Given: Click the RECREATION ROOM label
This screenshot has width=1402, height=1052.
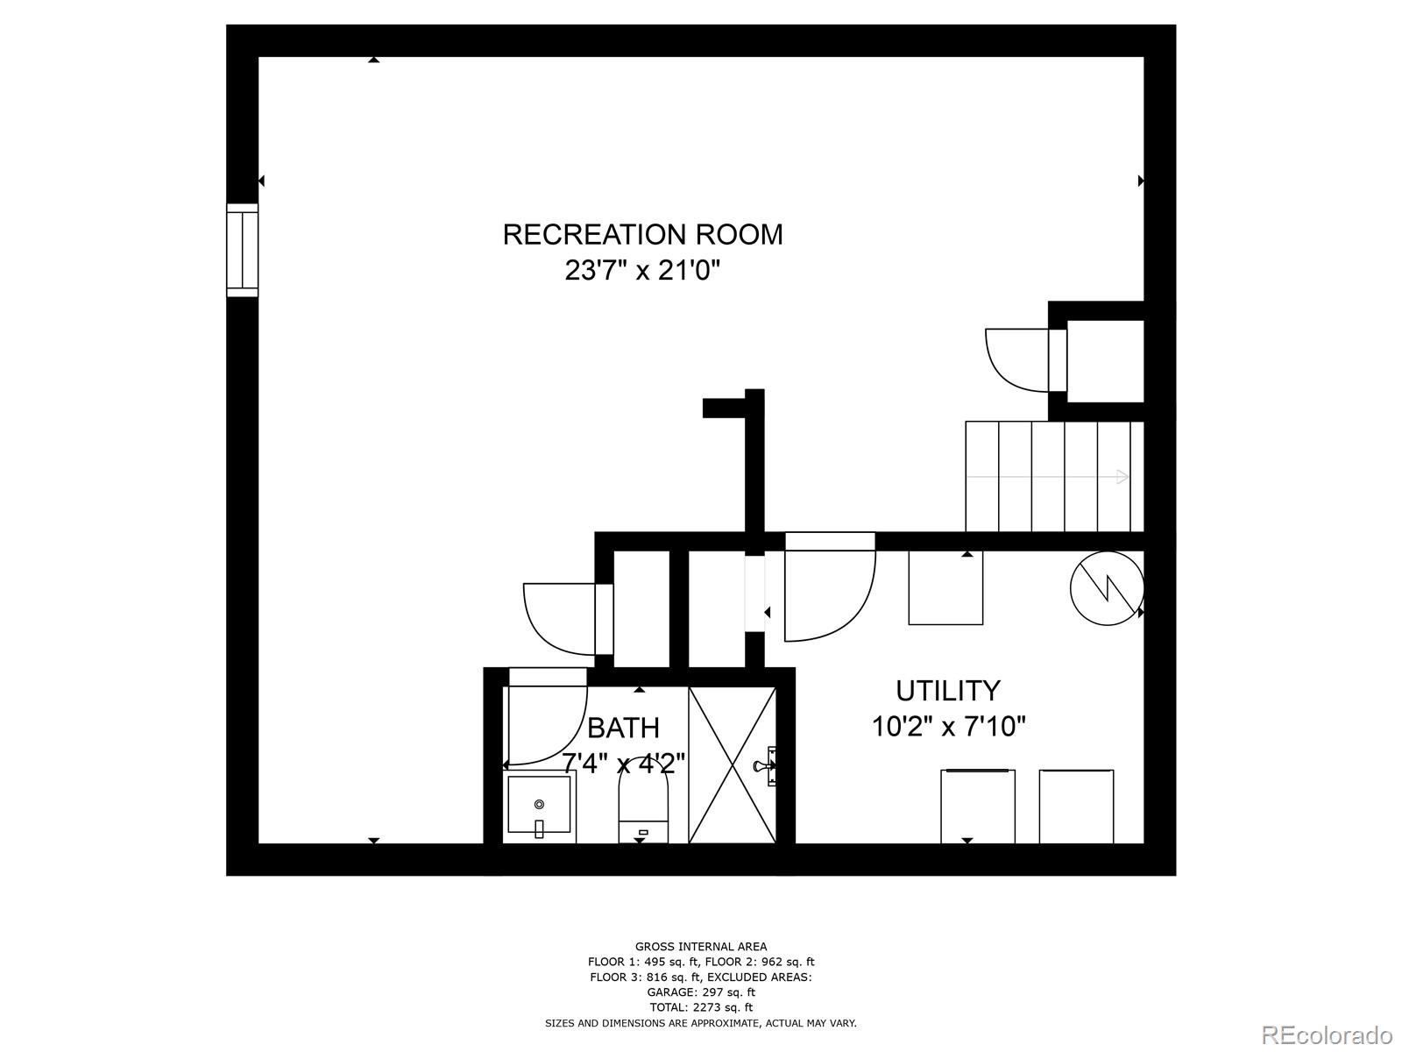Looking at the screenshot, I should point(642,235).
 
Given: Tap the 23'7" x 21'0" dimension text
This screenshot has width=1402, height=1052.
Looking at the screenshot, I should point(642,270).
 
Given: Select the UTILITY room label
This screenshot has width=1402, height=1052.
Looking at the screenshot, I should point(947,691).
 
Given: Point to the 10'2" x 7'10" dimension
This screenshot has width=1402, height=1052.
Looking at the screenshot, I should point(948,727).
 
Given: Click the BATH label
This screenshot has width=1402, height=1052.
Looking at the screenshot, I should point(623,728).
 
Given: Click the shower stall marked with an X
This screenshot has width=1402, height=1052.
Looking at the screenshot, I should point(733,764).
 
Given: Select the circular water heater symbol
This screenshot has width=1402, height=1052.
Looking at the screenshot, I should point(1107,588).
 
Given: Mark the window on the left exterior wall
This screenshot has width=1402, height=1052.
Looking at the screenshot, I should point(242,250).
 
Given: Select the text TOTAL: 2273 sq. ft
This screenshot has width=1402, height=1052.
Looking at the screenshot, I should point(700,1007).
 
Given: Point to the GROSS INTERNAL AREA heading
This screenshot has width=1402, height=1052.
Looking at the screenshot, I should point(700,946).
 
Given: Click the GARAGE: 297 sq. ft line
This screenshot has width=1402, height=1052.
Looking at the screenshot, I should point(700,992).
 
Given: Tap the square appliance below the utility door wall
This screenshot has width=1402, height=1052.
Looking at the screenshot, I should point(945,587).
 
